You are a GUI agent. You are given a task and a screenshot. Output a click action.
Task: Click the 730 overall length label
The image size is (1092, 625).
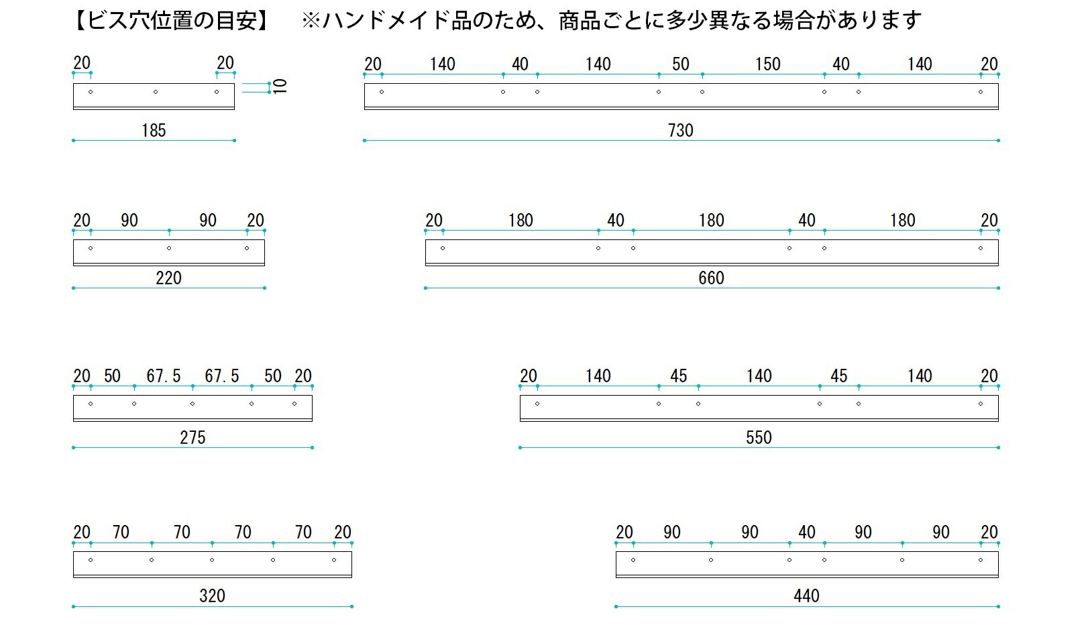pyautogui.click(x=681, y=131)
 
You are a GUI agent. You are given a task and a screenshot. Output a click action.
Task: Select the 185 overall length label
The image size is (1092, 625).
pyautogui.click(x=154, y=131)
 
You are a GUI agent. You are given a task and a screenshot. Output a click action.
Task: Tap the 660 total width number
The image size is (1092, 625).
pyautogui.click(x=711, y=278)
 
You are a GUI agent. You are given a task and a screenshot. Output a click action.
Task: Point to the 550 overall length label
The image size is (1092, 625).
pyautogui.click(x=759, y=438)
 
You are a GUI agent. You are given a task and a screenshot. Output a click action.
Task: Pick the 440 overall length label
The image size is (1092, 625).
pyautogui.click(x=807, y=595)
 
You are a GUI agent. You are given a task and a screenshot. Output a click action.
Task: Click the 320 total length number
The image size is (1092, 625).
pyautogui.click(x=212, y=595)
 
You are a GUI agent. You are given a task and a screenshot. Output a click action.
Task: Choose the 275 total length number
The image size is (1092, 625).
pyautogui.click(x=193, y=438)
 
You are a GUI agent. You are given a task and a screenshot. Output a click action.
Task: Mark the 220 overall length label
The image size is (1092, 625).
pyautogui.click(x=168, y=278)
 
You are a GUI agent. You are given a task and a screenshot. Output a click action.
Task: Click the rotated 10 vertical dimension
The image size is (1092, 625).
pyautogui.click(x=280, y=87)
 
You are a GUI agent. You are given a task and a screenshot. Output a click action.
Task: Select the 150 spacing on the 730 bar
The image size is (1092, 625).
pyautogui.click(x=768, y=64)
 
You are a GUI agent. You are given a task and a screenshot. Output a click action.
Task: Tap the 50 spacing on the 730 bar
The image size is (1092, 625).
pyautogui.click(x=681, y=64)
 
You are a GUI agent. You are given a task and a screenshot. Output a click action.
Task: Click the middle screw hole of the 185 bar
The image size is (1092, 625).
pyautogui.click(x=156, y=92)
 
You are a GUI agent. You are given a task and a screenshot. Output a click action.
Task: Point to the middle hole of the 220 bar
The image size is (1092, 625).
pyautogui.click(x=168, y=248)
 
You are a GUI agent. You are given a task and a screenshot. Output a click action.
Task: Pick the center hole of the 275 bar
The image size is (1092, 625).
pyautogui.click(x=193, y=404)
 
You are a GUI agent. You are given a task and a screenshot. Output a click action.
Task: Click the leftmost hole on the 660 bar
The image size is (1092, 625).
pyautogui.click(x=443, y=248)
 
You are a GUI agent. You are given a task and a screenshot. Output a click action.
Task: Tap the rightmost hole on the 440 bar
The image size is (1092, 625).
pyautogui.click(x=981, y=560)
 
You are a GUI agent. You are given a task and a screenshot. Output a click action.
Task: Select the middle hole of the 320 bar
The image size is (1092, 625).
pyautogui.click(x=212, y=560)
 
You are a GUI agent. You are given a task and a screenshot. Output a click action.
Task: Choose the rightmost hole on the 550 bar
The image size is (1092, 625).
pyautogui.click(x=981, y=404)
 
